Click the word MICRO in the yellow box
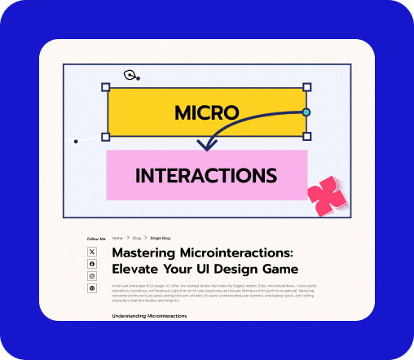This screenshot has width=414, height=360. click(206, 112)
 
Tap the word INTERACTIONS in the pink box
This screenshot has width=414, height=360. click(205, 175)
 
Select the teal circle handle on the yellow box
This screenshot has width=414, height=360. click(306, 112)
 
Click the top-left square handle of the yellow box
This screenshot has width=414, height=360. click(105, 86)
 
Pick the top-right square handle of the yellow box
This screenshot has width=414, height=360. click(306, 86)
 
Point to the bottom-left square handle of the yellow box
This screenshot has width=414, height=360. click(105, 137)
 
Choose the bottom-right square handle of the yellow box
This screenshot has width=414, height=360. click(306, 137)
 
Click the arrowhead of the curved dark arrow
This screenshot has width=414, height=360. click(207, 147)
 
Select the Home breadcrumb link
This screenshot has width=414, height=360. click(117, 238)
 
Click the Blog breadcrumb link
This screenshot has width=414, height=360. click(137, 238)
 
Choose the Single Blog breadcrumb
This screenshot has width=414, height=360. click(161, 238)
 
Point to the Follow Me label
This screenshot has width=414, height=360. click(96, 239)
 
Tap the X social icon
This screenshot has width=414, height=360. click(92, 252)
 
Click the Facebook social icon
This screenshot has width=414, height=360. click(92, 264)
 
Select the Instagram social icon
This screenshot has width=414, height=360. click(92, 276)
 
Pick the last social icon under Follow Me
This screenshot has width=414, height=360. click(92, 288)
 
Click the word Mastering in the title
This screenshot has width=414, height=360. click(145, 253)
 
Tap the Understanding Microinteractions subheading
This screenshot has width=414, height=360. click(149, 315)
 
